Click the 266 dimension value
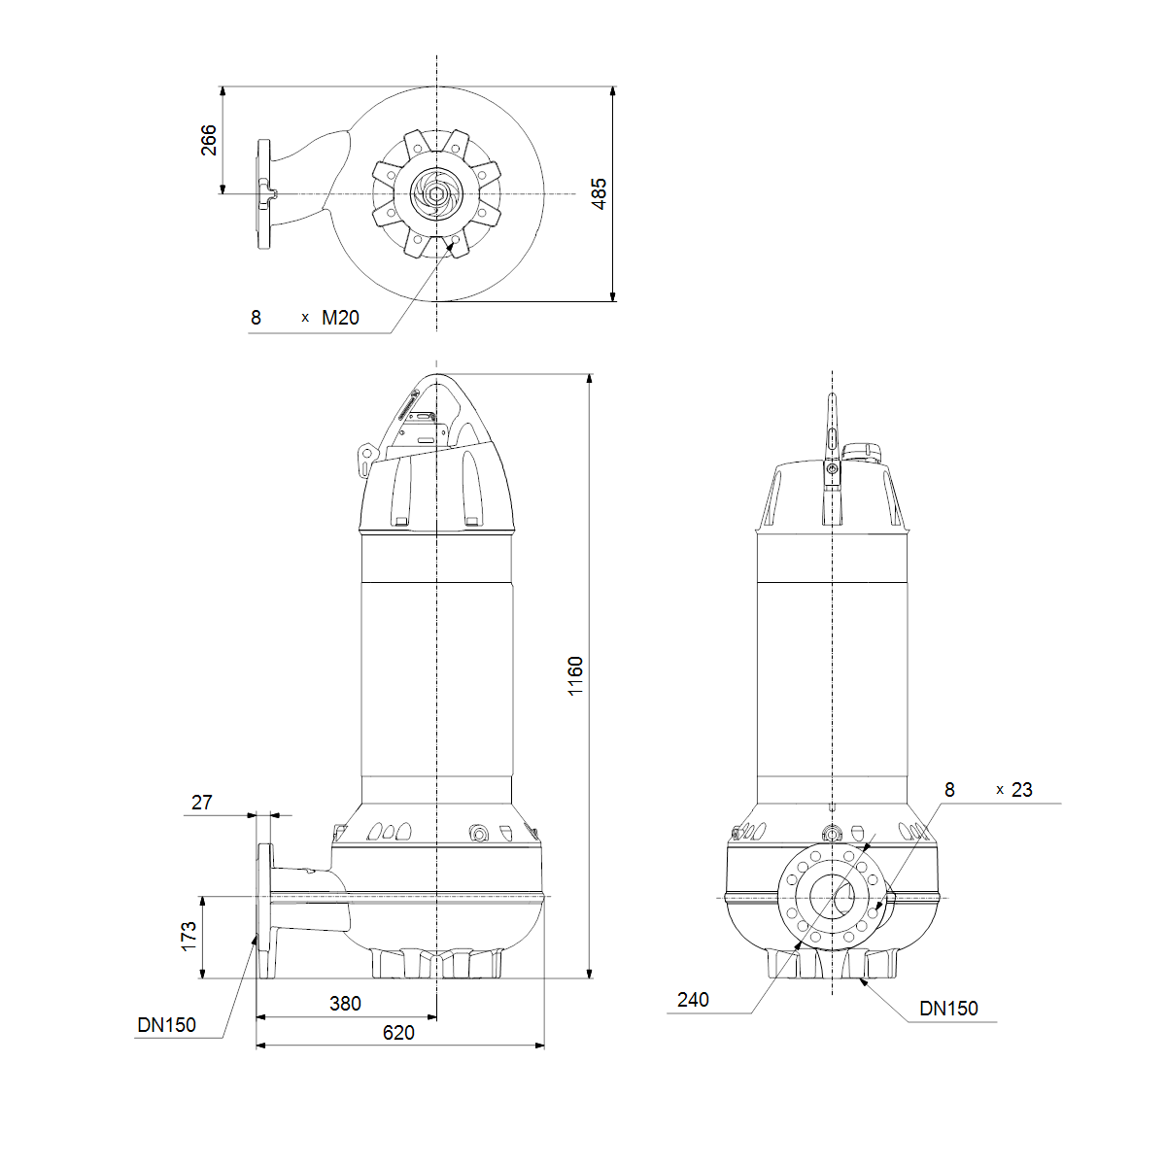(208, 140)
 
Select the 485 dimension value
(599, 193)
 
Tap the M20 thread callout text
(340, 318)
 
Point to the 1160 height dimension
(575, 676)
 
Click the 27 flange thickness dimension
(201, 803)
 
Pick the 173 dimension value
(189, 936)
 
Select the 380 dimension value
(345, 1003)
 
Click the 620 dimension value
(398, 1032)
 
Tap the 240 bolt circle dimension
(693, 1000)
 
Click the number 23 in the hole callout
(1022, 790)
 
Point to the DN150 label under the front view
(948, 1008)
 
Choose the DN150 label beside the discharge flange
(166, 1025)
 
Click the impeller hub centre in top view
(436, 194)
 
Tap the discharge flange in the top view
(264, 193)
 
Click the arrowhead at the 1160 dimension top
(590, 379)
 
